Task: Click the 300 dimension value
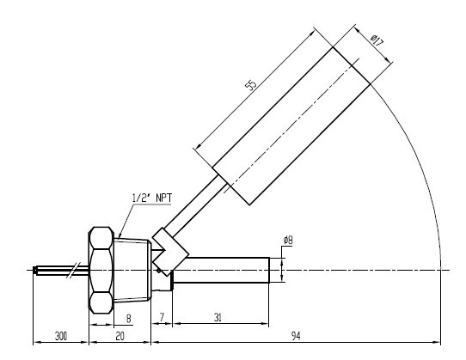(61, 336)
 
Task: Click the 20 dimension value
(120, 336)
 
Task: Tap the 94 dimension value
(296, 336)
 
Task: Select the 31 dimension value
(218, 318)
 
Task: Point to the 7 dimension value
(162, 318)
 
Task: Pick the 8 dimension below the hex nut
(128, 319)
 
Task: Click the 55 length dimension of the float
(250, 85)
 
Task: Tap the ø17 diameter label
(377, 41)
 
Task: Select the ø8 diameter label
(288, 240)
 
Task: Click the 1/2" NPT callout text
(152, 198)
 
